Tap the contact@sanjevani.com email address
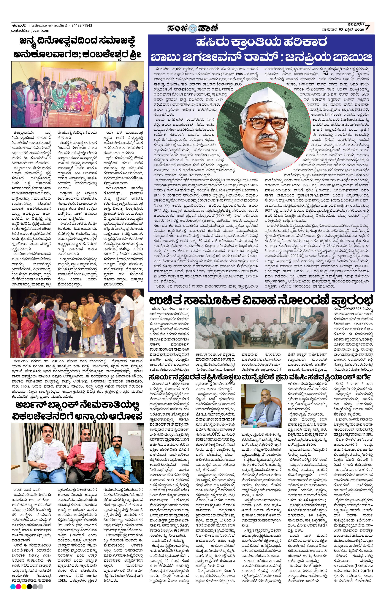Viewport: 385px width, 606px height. (30, 30)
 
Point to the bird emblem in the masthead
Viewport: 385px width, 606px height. (193, 27)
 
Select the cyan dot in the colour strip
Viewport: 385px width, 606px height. (13, 587)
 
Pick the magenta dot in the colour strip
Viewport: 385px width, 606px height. (18, 587)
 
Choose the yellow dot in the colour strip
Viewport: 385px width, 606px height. (24, 587)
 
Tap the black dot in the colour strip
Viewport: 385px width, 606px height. (29, 587)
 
